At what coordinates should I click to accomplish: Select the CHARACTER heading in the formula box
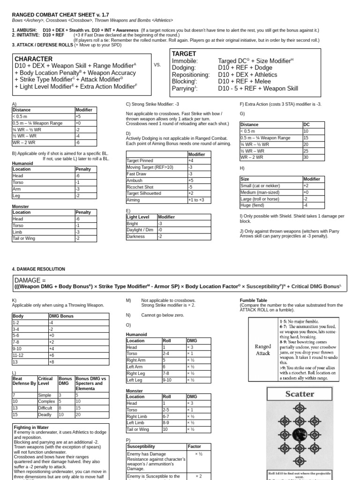[34, 59]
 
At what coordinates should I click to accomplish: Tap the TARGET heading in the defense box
[184, 54]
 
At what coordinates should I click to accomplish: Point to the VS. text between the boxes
[157, 65]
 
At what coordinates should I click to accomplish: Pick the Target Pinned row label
[141, 160]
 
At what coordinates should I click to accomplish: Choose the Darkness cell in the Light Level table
[136, 237]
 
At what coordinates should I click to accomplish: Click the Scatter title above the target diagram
[300, 394]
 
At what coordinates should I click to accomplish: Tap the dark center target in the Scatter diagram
[300, 434]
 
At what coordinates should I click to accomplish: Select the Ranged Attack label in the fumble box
[262, 350]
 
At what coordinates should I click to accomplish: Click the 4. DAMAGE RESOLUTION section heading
[38, 269]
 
